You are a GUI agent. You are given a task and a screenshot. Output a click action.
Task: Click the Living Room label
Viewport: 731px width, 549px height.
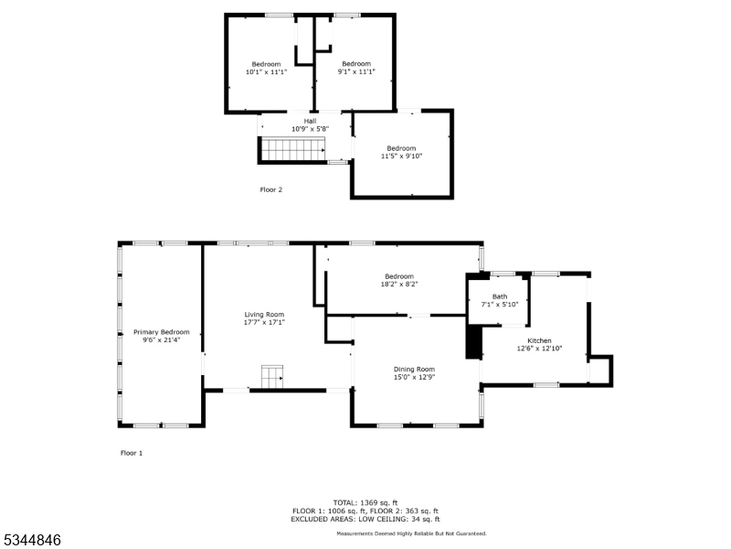pyautogui.click(x=264, y=314)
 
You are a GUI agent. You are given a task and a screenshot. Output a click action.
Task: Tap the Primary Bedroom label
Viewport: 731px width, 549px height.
pyautogui.click(x=162, y=331)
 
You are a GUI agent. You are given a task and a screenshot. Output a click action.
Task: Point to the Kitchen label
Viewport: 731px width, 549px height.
pyautogui.click(x=539, y=339)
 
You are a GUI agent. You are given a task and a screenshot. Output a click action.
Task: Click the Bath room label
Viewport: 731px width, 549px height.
pyautogui.click(x=499, y=296)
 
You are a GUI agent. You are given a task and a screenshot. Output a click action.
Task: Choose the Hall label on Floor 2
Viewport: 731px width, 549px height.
pyautogui.click(x=310, y=121)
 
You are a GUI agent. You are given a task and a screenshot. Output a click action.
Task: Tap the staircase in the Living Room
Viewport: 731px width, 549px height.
pyautogui.click(x=272, y=375)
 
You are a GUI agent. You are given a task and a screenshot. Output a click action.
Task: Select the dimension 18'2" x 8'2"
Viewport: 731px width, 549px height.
pyautogui.click(x=399, y=284)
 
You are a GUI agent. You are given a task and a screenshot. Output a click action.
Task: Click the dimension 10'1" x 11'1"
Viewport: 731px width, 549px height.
pyautogui.click(x=266, y=71)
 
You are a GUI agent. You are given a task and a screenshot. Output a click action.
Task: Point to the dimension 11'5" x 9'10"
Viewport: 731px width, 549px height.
pyautogui.click(x=401, y=156)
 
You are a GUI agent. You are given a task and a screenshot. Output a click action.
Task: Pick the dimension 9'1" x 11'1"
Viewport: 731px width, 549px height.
pyautogui.click(x=355, y=71)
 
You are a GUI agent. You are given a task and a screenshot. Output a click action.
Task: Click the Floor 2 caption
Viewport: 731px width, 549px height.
pyautogui.click(x=271, y=189)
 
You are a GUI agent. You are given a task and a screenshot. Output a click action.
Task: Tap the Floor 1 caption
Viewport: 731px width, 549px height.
pyautogui.click(x=132, y=453)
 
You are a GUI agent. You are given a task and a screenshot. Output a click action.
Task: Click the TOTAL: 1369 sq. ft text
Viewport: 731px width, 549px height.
pyautogui.click(x=365, y=502)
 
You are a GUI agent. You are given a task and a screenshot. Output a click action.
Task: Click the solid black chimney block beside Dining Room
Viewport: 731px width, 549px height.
pyautogui.click(x=473, y=341)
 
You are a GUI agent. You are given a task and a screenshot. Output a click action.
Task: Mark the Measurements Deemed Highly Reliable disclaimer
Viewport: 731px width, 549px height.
pyautogui.click(x=411, y=533)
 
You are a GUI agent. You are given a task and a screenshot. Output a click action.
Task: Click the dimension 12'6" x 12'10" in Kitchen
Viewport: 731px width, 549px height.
pyautogui.click(x=539, y=348)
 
